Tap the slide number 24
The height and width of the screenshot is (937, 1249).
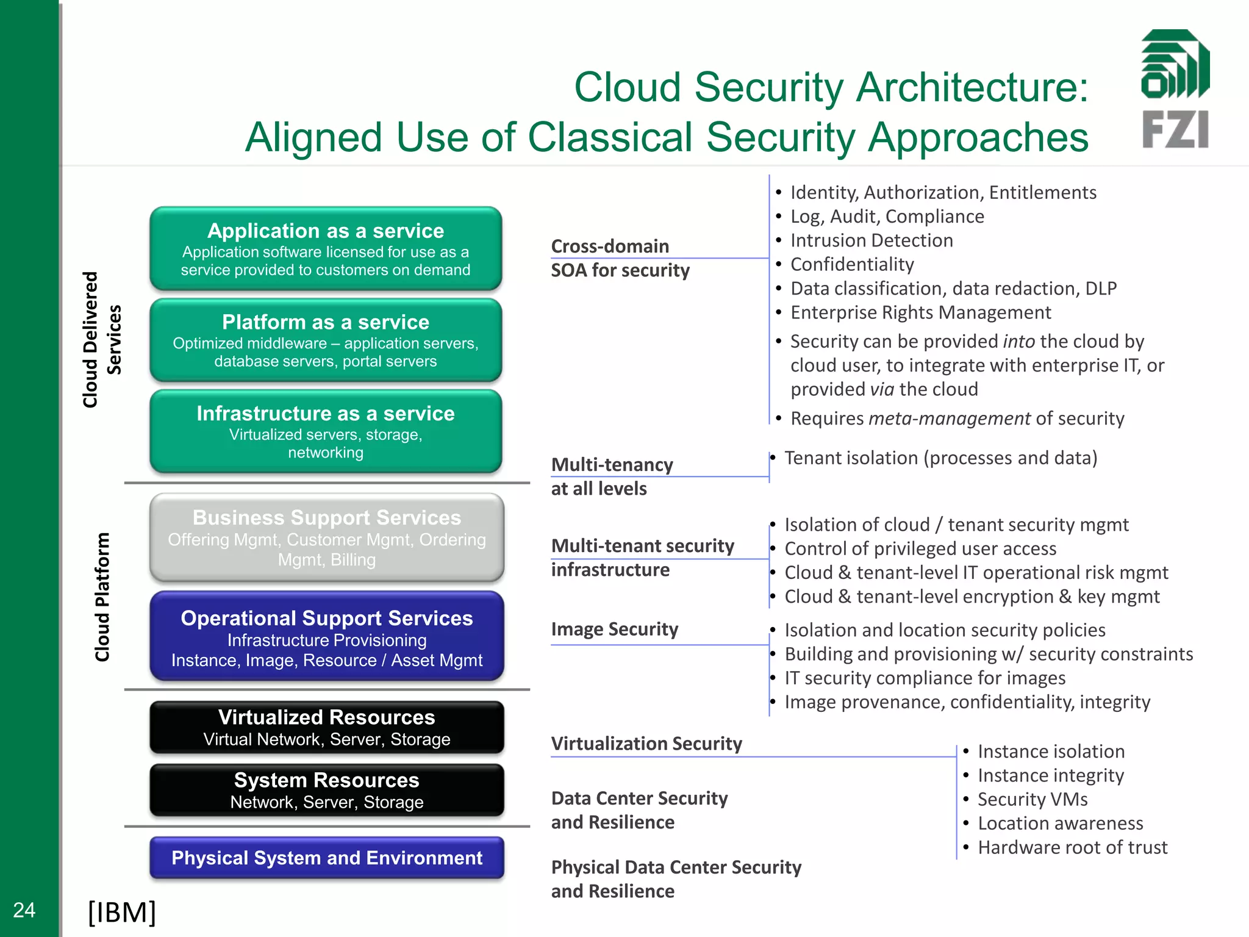pyautogui.click(x=24, y=910)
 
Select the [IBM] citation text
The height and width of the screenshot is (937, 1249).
pyautogui.click(x=122, y=912)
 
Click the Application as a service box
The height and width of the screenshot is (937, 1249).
pyautogui.click(x=326, y=249)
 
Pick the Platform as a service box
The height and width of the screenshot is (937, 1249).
pyautogui.click(x=326, y=340)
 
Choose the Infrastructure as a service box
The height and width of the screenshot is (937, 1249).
pyautogui.click(x=326, y=432)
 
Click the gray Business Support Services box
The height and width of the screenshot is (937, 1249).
pyautogui.click(x=327, y=537)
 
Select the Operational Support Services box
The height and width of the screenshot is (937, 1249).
pyautogui.click(x=327, y=636)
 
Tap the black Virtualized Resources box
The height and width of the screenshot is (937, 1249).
pyautogui.click(x=327, y=727)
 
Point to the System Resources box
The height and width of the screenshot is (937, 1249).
pyautogui.click(x=327, y=790)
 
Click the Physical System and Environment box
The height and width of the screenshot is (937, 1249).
pyautogui.click(x=327, y=858)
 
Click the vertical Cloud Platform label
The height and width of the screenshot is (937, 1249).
pyautogui.click(x=102, y=597)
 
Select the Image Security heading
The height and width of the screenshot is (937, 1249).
pyautogui.click(x=614, y=629)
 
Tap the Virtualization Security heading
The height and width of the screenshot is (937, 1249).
pyautogui.click(x=646, y=744)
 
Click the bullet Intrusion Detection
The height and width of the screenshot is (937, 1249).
pyautogui.click(x=871, y=240)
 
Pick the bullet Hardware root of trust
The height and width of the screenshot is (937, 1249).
pyautogui.click(x=1072, y=847)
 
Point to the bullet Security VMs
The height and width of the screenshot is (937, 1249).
pyautogui.click(x=1032, y=799)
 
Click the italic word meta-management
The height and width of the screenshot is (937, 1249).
pyautogui.click(x=949, y=418)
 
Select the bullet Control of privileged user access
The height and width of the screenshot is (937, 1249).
pyautogui.click(x=920, y=548)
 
